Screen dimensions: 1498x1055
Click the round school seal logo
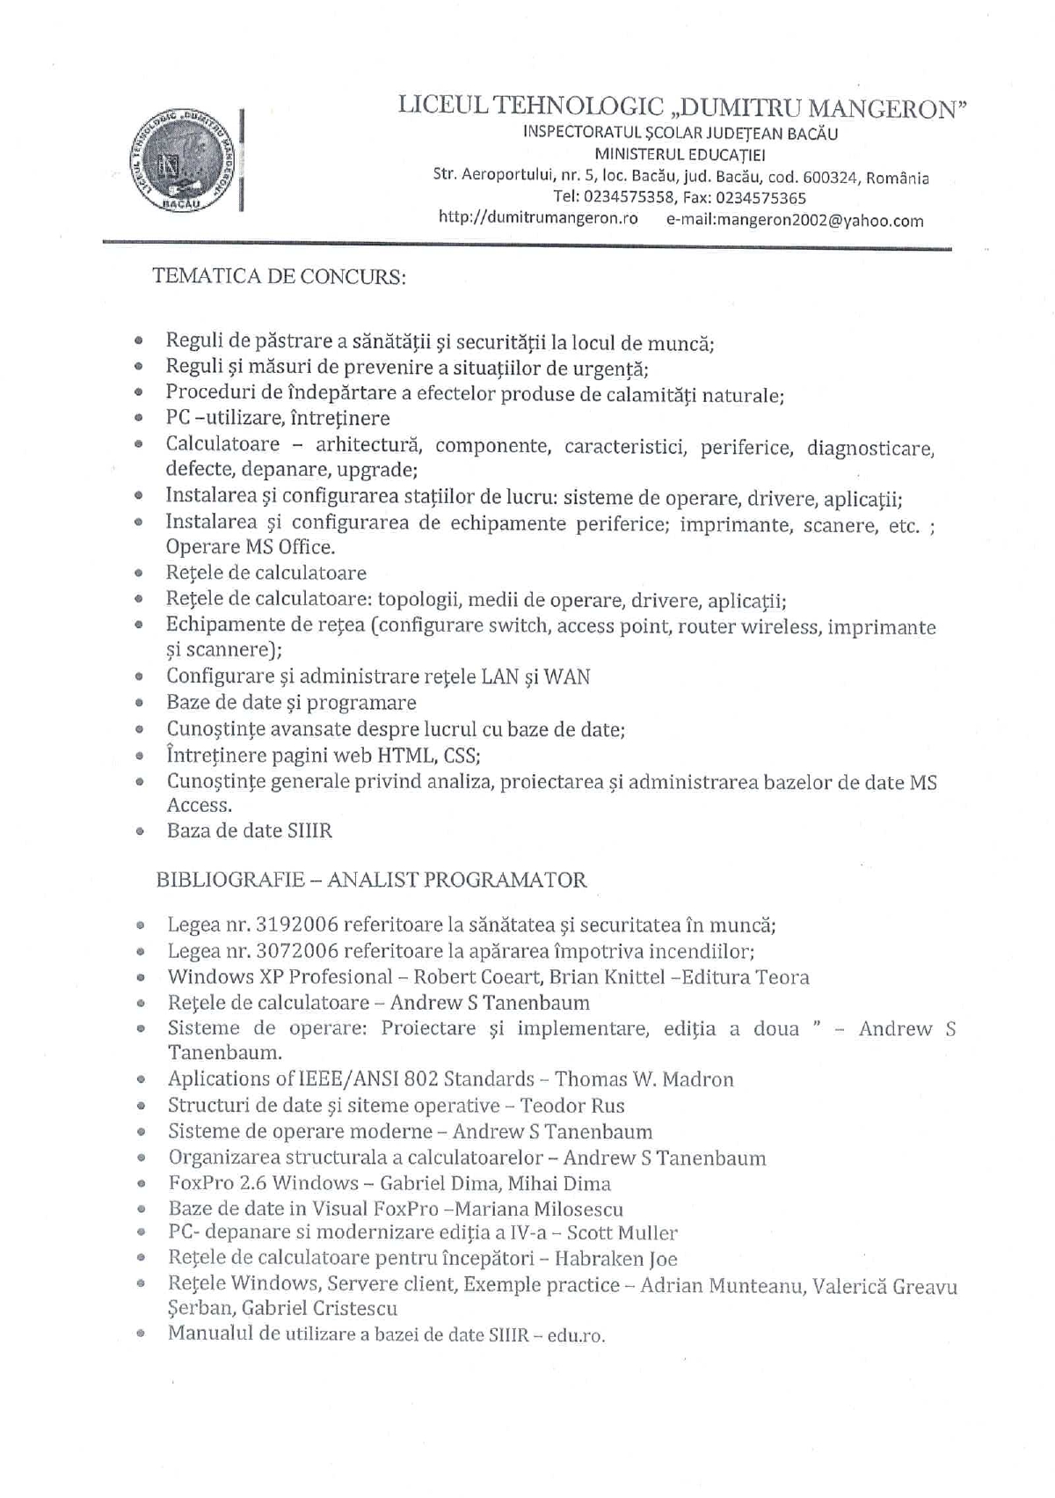[x=185, y=161]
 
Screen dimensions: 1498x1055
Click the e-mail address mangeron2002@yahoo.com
[x=795, y=220]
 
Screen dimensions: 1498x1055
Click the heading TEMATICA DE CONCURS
[x=279, y=276]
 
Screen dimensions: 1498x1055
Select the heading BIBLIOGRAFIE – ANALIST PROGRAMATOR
[x=371, y=880]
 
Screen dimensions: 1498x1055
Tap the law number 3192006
[x=297, y=924]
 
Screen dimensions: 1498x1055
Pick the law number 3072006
[x=297, y=951]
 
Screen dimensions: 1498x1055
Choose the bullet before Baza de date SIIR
[x=139, y=830]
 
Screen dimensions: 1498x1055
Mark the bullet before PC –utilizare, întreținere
[x=138, y=419]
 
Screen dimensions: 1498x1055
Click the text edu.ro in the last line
[x=576, y=1335]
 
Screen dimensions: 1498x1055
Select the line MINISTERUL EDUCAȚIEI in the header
[x=680, y=155]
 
